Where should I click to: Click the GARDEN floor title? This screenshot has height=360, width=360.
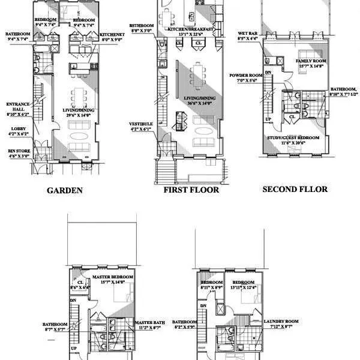[x=64, y=191]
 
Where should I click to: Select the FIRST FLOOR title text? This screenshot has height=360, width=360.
[x=191, y=190]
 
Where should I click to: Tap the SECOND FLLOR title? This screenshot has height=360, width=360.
[x=295, y=189]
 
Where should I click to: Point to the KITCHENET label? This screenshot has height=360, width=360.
[x=113, y=35]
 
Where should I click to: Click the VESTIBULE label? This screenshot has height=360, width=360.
[x=142, y=124]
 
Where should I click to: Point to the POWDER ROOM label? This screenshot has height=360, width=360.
[x=244, y=76]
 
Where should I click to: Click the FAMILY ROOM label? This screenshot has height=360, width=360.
[x=311, y=61]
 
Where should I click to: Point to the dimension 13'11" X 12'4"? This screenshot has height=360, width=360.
[x=242, y=287]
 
